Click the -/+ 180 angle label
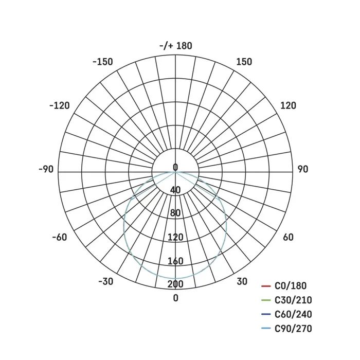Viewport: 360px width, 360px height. point(176,46)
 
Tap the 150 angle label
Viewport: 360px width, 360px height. point(244,62)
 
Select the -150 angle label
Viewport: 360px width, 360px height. point(103,62)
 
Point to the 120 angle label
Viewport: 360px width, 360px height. point(288,105)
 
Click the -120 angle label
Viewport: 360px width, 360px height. point(60,105)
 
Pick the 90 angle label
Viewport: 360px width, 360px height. point(302,169)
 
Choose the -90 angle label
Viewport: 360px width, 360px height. point(46,169)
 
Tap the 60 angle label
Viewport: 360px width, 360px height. point(288,237)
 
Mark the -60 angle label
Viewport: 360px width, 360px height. point(60,237)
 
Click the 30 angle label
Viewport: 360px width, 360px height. point(242,281)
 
